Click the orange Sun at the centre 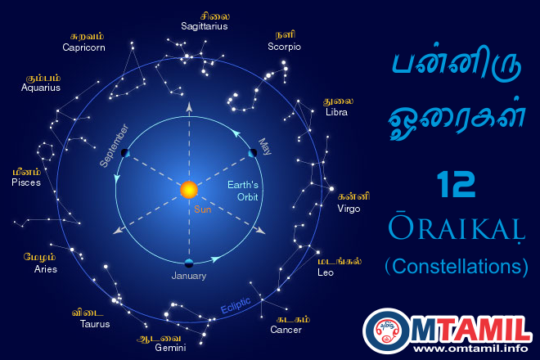(189, 190)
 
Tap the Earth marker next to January (189, 262)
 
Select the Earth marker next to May (253, 153)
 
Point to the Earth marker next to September (124, 153)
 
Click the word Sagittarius (204, 27)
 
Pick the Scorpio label (284, 47)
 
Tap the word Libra (336, 112)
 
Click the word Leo (326, 272)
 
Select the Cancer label (286, 330)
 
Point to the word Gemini (170, 347)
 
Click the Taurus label (95, 324)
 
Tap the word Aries (45, 269)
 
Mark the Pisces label (26, 182)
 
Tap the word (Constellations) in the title (457, 267)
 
